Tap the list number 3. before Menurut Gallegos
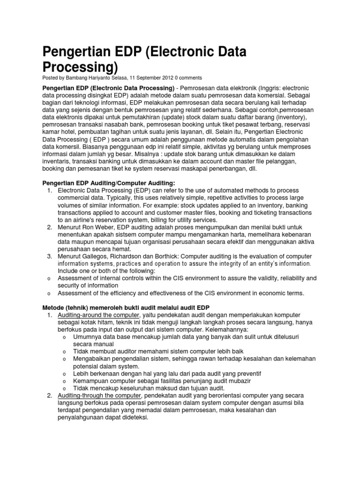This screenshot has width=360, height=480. pyautogui.click(x=50, y=256)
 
